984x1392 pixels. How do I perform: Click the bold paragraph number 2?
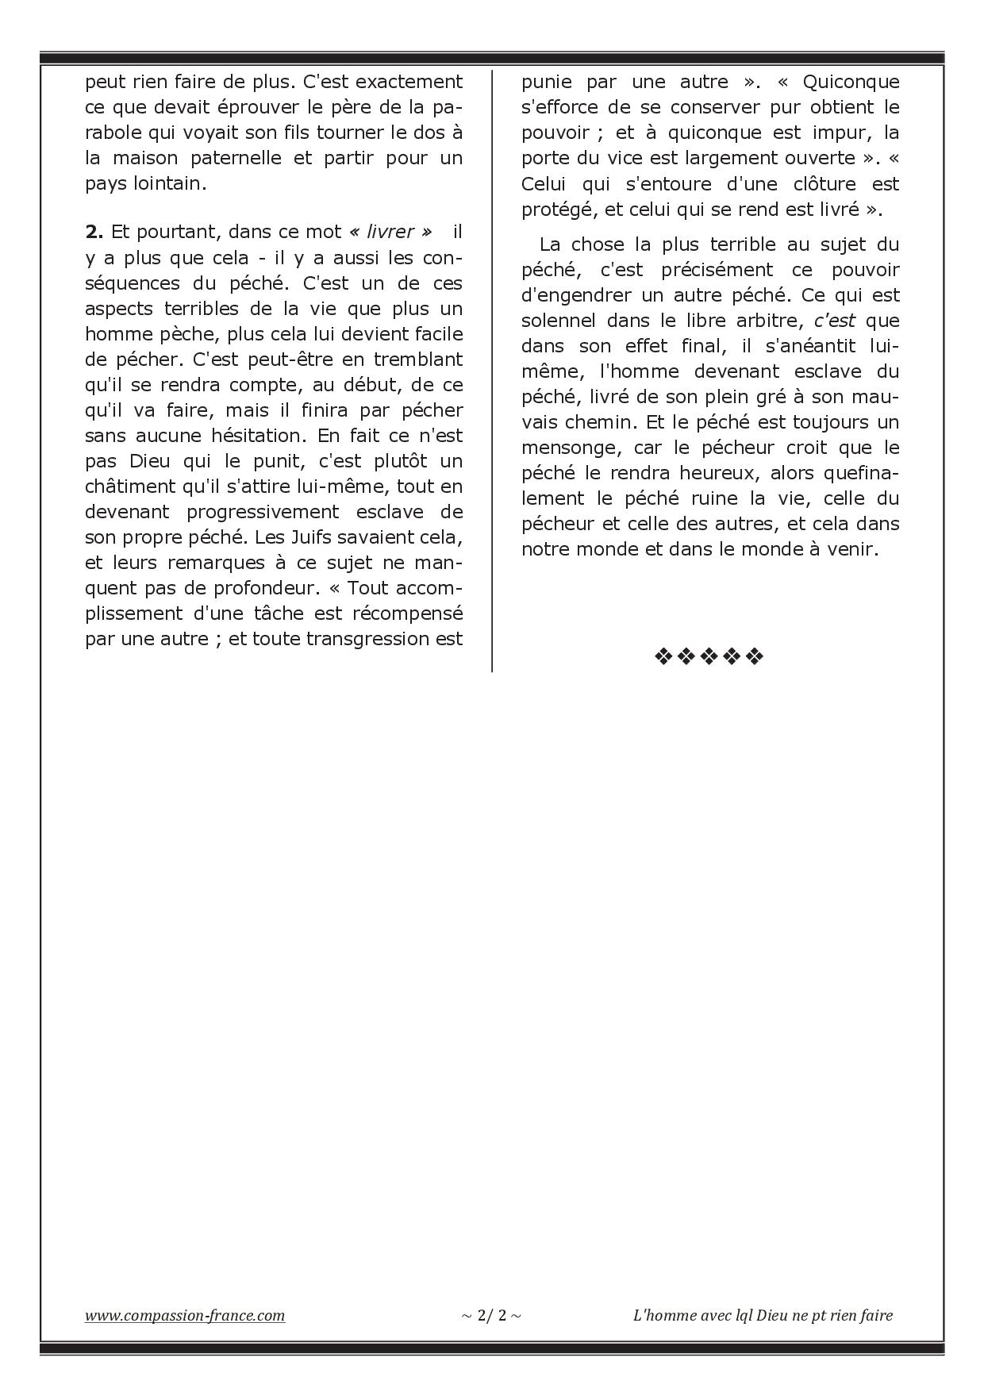[94, 232]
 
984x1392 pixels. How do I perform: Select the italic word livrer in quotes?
[390, 232]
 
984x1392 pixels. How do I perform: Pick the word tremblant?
[417, 359]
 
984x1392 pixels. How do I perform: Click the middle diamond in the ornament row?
[708, 656]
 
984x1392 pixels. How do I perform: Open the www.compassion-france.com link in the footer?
[185, 1315]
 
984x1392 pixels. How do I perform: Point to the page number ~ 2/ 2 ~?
[491, 1315]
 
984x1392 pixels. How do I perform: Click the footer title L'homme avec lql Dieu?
[763, 1315]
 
